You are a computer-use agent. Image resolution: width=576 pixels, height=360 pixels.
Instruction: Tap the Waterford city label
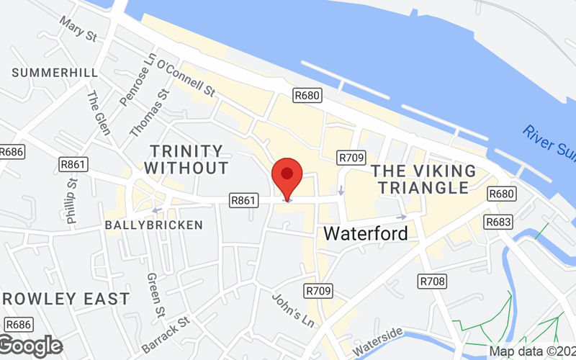pyautogui.click(x=365, y=233)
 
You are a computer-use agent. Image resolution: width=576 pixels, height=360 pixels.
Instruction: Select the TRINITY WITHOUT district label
pyautogui.click(x=186, y=160)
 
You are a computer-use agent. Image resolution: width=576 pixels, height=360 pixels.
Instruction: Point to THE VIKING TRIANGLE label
pyautogui.click(x=423, y=179)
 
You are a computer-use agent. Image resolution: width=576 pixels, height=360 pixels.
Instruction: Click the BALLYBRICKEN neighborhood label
pyautogui.click(x=154, y=225)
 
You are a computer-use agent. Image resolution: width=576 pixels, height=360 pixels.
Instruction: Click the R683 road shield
pyautogui.click(x=498, y=222)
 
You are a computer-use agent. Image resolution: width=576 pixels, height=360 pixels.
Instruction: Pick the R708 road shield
pyautogui.click(x=432, y=280)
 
